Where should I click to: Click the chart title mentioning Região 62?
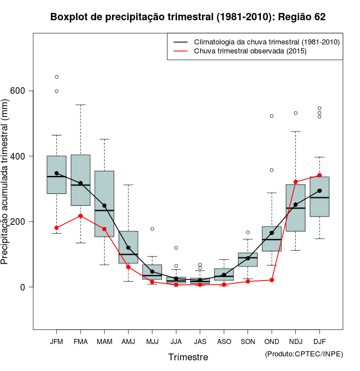tap(188, 17)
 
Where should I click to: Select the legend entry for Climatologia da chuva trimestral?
tap(266, 42)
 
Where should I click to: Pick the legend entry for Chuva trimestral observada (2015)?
tap(249, 51)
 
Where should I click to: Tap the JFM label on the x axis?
tap(56, 342)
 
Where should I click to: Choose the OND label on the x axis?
tap(272, 342)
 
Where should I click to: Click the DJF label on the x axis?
tap(319, 342)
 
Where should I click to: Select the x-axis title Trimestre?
tap(188, 357)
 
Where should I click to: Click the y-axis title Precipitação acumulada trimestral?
tap(6, 183)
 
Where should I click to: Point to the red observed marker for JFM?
tap(56, 228)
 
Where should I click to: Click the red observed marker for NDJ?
tap(296, 182)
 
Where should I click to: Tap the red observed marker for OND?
tap(272, 280)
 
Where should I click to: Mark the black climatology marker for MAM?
tap(104, 206)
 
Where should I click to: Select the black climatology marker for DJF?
tap(319, 191)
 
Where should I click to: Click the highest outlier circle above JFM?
tap(56, 77)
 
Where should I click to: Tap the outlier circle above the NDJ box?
tap(296, 113)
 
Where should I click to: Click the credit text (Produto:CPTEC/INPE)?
tap(304, 354)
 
